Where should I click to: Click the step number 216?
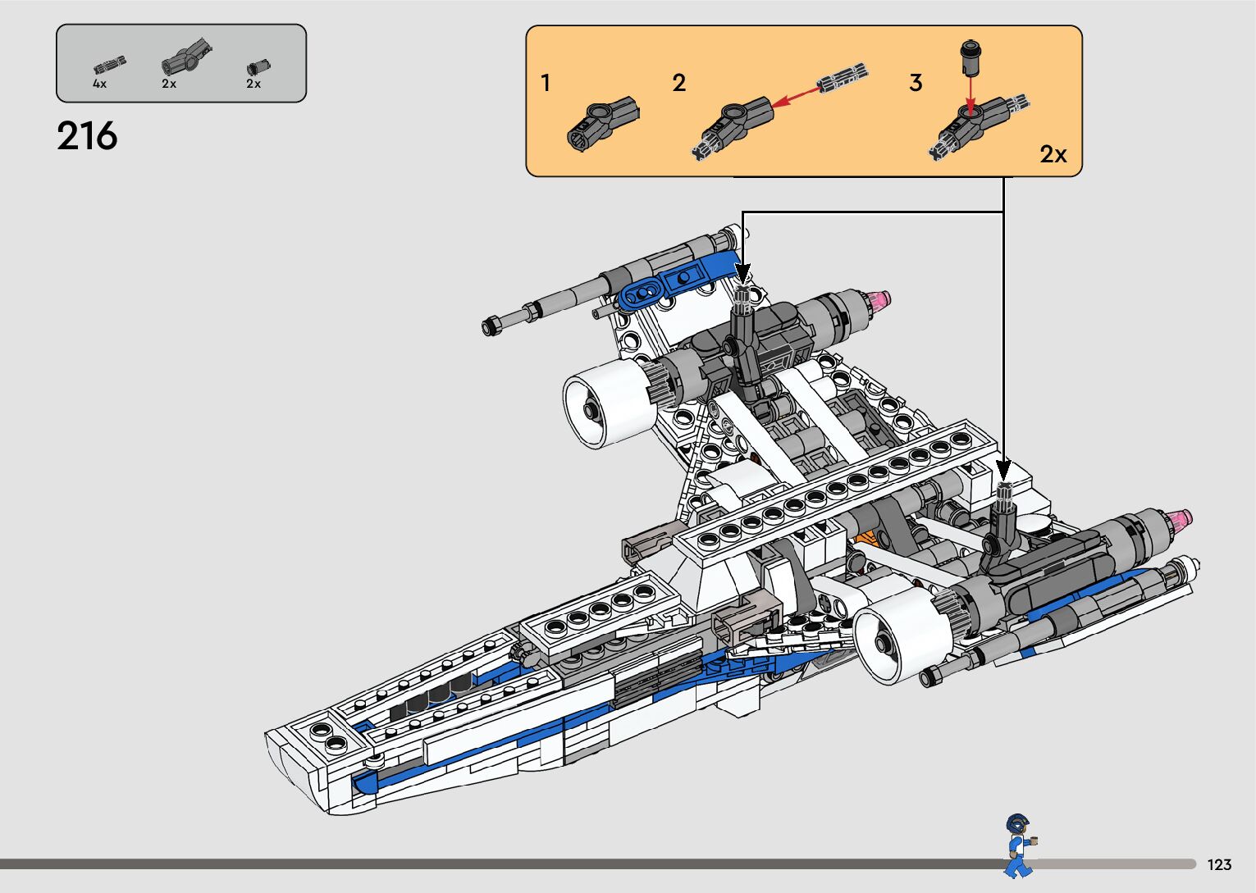pyautogui.click(x=87, y=136)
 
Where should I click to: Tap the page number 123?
pyautogui.click(x=1219, y=864)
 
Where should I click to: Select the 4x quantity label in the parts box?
pyautogui.click(x=100, y=84)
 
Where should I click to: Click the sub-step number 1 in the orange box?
pyautogui.click(x=546, y=83)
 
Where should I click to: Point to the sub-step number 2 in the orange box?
pyautogui.click(x=679, y=83)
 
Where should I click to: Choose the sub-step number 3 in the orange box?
pyautogui.click(x=916, y=83)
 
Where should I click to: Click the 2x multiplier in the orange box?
pyautogui.click(x=1053, y=153)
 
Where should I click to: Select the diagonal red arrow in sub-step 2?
pyautogui.click(x=797, y=97)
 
